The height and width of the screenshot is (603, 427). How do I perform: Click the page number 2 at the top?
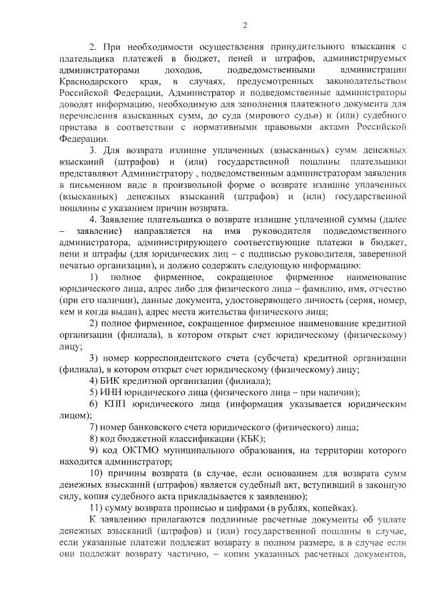(x=245, y=25)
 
